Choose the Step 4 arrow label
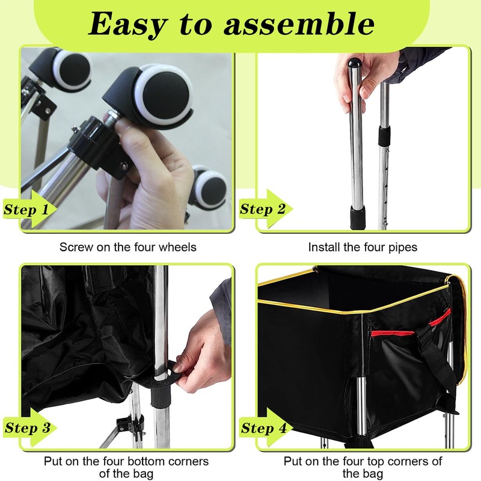coord(265,428)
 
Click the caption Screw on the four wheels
coord(127,247)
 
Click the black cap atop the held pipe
coord(353,62)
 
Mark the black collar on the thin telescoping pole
coord(382,135)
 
